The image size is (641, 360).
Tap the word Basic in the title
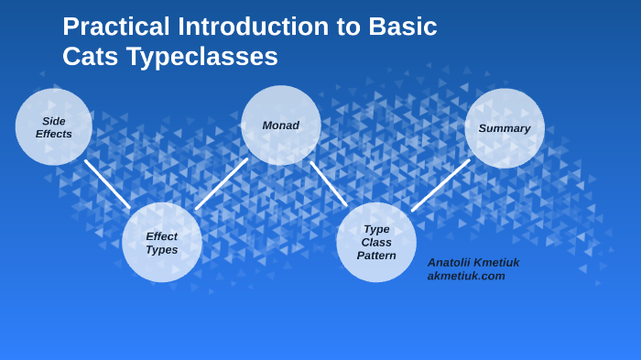click(402, 27)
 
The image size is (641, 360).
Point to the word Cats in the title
click(91, 57)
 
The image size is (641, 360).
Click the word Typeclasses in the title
click(202, 57)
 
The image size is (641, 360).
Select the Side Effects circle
click(53, 127)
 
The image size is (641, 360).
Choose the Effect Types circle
click(162, 243)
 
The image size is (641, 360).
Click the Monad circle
click(280, 125)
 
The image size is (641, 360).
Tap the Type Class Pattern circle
click(376, 243)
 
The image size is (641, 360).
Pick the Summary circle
click(505, 128)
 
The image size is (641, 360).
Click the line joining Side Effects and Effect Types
click(107, 184)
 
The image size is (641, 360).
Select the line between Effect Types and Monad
click(222, 183)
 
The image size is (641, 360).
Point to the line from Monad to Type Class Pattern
click(329, 183)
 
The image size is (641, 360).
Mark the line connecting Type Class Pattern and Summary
click(440, 185)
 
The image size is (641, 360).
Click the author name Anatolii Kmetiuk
click(473, 262)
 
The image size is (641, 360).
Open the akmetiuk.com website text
click(466, 276)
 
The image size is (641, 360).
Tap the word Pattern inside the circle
click(376, 256)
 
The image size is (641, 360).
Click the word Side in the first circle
click(54, 121)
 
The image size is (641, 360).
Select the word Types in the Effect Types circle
click(162, 249)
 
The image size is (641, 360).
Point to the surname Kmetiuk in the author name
click(496, 262)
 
